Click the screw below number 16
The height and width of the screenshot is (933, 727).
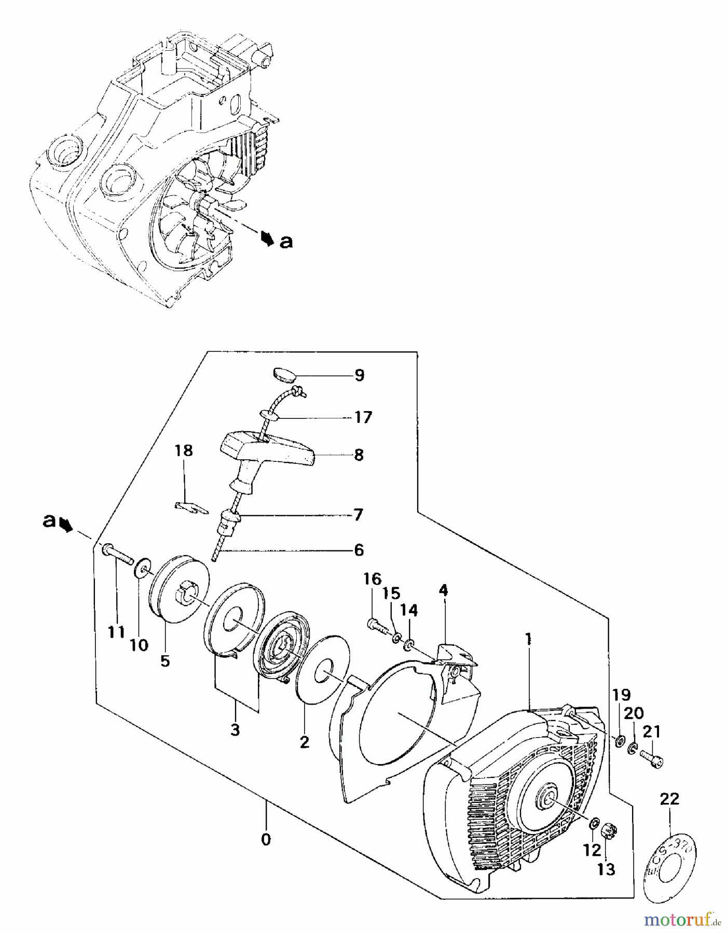pyautogui.click(x=377, y=625)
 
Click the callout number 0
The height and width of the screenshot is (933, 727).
pyautogui.click(x=266, y=840)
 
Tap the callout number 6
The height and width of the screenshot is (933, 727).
pyautogui.click(x=359, y=550)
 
